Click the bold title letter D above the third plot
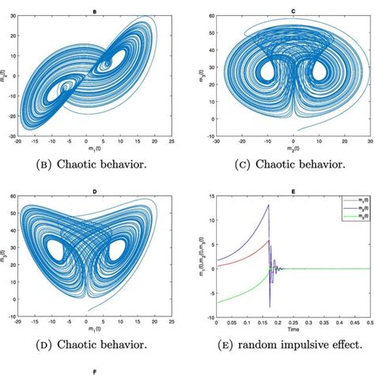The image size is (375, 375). [x=94, y=190]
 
